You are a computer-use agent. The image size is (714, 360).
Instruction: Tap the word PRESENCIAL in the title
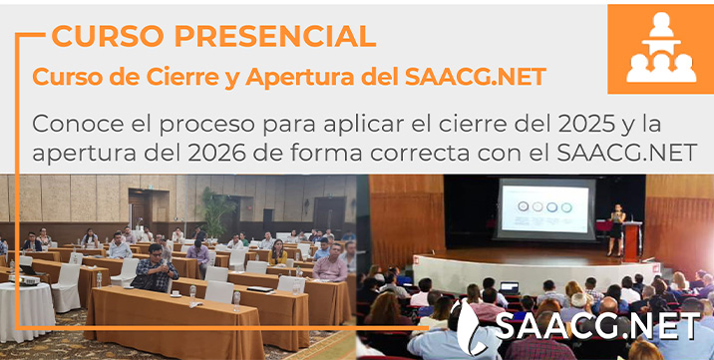[x=272, y=37]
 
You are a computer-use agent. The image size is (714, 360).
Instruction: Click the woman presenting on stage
[x=617, y=228]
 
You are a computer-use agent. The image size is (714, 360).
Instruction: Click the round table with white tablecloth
[x=25, y=310]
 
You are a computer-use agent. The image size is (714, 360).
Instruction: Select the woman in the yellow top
[x=279, y=253]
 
